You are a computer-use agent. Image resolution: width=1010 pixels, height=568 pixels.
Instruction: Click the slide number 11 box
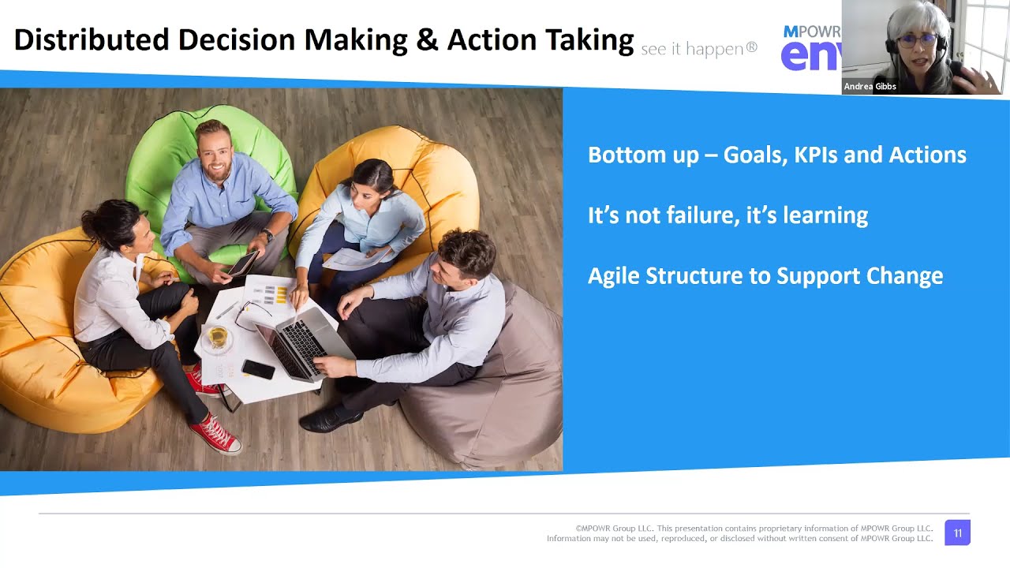coord(957,533)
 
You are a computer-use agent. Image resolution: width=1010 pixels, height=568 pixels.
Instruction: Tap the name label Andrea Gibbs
coord(870,87)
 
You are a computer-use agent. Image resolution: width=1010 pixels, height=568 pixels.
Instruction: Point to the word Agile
coord(613,276)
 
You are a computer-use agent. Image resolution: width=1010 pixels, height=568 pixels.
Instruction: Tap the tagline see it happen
coord(698,49)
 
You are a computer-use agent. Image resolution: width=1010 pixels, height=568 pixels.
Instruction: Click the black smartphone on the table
coord(258,369)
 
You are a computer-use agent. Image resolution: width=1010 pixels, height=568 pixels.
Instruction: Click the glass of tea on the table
coord(216,338)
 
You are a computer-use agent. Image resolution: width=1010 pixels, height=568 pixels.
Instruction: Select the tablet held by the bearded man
coord(241,263)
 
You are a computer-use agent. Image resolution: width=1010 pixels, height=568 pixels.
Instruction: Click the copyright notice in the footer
coord(740,533)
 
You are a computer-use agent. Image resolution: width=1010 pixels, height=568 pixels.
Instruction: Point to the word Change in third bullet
coord(904,276)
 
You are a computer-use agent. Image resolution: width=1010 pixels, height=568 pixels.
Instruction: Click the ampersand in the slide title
coord(427,40)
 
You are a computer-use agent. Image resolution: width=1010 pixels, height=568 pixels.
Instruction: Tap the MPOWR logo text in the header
coord(811,32)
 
